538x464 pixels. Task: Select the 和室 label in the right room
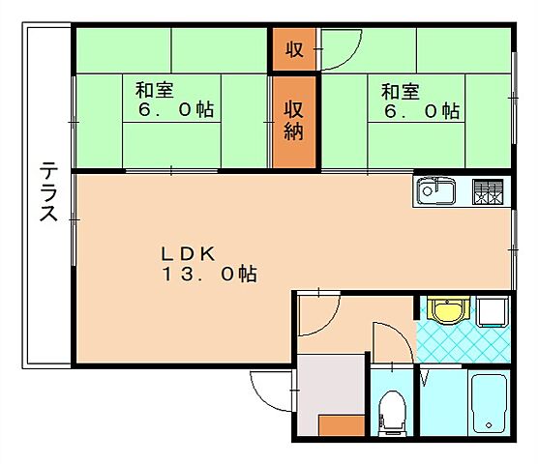tap(400, 92)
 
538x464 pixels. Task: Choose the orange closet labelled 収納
tap(293, 122)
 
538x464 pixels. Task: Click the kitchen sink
tap(435, 192)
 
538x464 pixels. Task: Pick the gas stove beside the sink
tap(490, 192)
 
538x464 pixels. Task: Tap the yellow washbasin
tap(447, 311)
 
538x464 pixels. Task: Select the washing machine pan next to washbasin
tap(493, 311)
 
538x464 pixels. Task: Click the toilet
tap(392, 411)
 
